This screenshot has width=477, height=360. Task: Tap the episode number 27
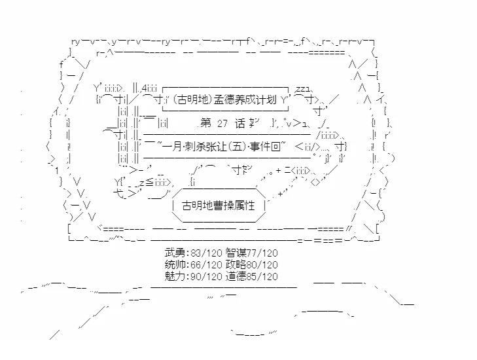point(222,122)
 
